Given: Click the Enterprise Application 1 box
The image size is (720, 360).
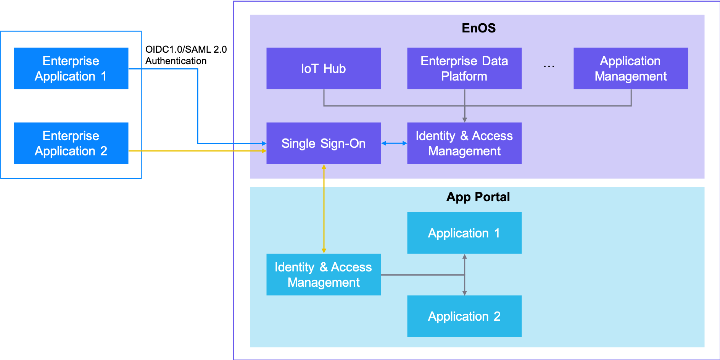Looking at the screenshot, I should click(71, 68).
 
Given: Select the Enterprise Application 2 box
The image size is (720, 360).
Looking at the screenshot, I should click(71, 143).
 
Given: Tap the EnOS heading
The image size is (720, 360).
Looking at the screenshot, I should click(478, 28).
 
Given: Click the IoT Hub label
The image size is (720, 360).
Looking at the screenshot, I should click(323, 68).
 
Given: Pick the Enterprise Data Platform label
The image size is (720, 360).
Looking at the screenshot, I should click(464, 68).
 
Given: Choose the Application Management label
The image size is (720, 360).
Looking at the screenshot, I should click(630, 68).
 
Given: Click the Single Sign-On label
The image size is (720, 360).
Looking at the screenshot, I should click(323, 144).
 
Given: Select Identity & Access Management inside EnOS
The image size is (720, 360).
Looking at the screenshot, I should click(464, 143).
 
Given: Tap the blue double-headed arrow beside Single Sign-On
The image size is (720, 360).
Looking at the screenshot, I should click(394, 143).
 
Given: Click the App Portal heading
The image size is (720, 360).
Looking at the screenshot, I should click(478, 197).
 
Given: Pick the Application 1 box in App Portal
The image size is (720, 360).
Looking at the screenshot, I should click(464, 233).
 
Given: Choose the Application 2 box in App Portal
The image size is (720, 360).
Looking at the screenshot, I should click(464, 316).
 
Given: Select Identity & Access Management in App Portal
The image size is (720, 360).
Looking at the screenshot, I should click(323, 274).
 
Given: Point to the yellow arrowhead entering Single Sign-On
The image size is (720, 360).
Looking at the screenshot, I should click(264, 151).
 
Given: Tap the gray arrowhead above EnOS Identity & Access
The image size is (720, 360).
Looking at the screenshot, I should click(464, 119).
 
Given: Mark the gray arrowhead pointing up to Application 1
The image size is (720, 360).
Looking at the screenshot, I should click(464, 257).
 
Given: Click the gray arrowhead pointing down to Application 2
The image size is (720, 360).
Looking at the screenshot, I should click(464, 293).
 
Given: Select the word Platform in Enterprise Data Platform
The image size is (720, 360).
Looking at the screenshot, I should click(464, 76).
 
